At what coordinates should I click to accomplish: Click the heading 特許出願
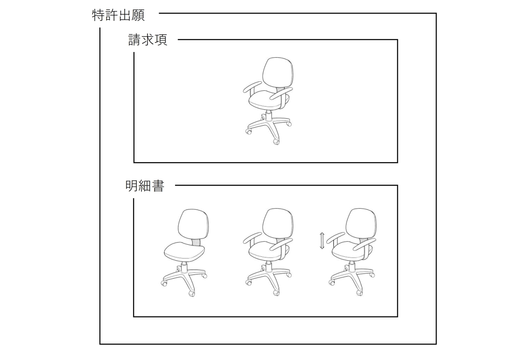(118, 15)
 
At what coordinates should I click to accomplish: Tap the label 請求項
(147, 40)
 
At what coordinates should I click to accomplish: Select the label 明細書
(145, 186)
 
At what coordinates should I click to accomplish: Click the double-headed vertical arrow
(322, 241)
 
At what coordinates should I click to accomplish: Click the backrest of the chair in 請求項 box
(278, 72)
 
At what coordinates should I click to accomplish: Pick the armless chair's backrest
(193, 224)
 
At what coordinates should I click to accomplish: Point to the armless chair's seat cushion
(184, 251)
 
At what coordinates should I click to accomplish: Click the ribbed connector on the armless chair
(196, 242)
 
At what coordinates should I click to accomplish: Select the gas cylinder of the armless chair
(184, 268)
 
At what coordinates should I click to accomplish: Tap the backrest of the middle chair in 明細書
(278, 224)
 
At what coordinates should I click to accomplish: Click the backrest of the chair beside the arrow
(361, 224)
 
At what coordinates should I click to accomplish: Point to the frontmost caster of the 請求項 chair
(276, 142)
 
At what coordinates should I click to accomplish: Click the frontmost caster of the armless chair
(192, 293)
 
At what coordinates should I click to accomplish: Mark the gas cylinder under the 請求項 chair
(269, 116)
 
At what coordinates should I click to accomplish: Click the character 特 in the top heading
(98, 15)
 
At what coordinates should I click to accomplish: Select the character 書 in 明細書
(158, 186)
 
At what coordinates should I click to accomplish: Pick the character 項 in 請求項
(161, 40)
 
